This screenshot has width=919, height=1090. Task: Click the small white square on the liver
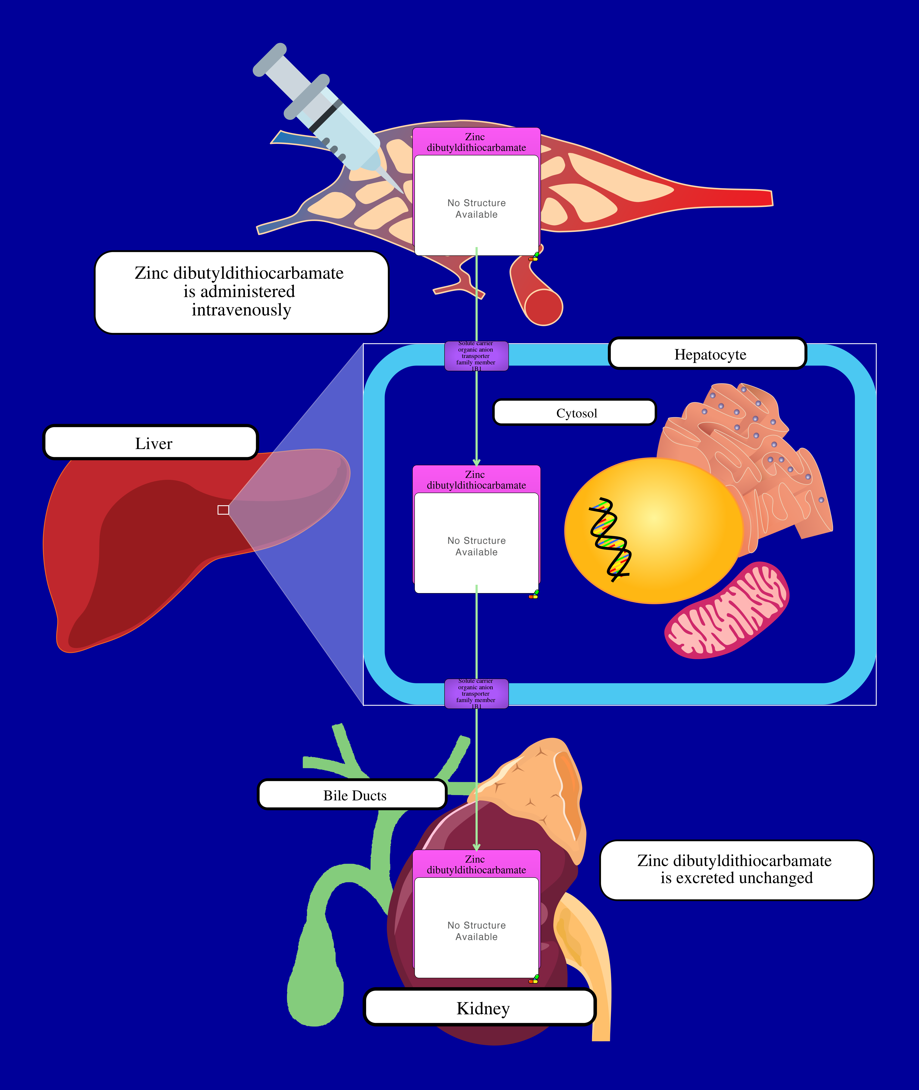point(223,510)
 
